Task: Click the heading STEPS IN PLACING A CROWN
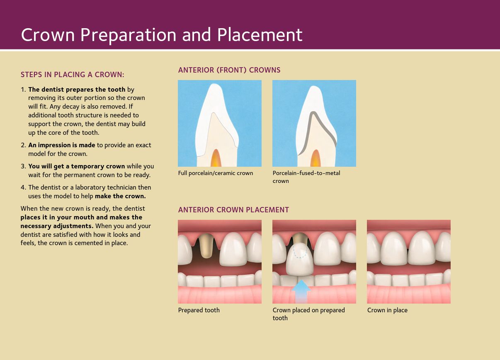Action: tap(72, 75)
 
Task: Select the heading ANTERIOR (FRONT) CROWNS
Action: tap(229, 70)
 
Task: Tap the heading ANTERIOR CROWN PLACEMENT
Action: tap(233, 210)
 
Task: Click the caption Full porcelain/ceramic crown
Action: tap(216, 173)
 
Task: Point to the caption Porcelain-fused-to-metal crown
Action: tap(306, 177)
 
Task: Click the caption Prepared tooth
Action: tap(199, 310)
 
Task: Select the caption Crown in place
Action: tap(387, 310)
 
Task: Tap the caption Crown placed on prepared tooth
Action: tap(308, 314)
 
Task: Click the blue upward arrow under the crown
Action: tap(301, 292)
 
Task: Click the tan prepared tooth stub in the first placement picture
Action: tap(206, 246)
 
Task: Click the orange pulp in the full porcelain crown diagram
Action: tap(216, 158)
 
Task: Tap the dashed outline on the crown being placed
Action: tap(300, 252)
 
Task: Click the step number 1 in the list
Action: tap(23, 90)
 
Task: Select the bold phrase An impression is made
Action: tap(62, 145)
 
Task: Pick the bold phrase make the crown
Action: tap(120, 196)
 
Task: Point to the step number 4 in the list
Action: tap(23, 187)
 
